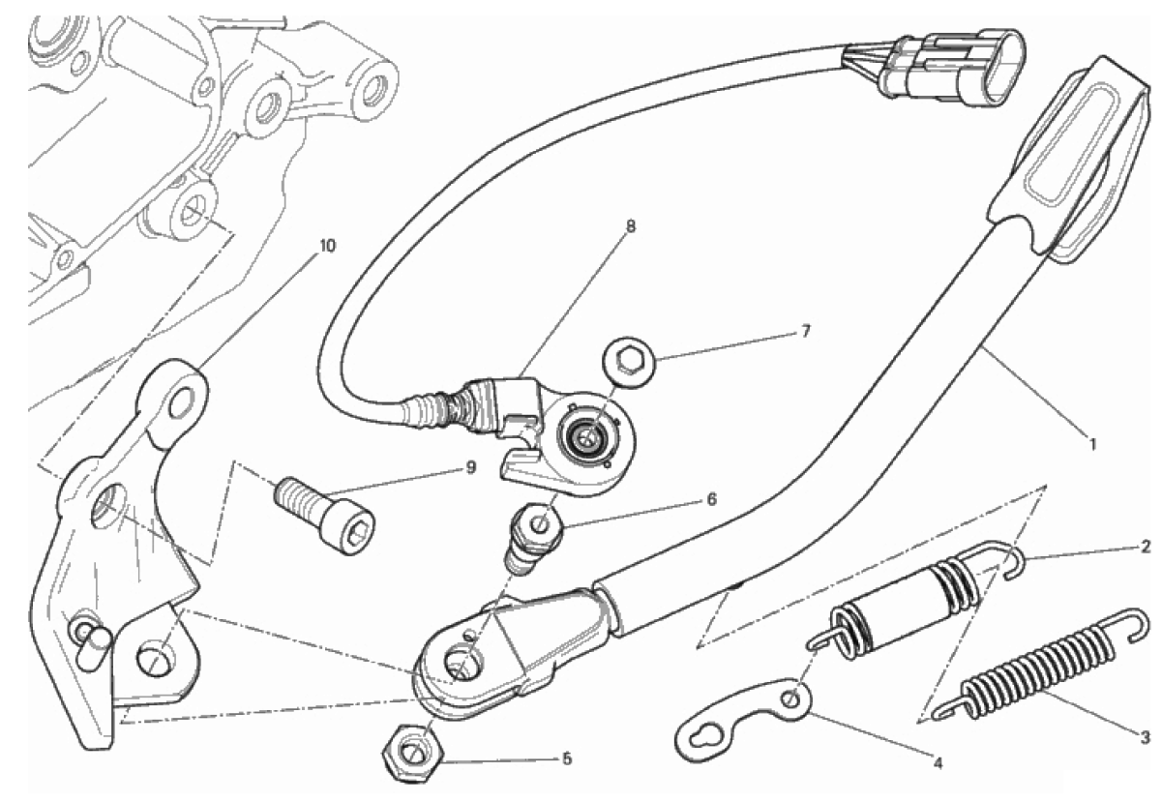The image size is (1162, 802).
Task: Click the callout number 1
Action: tap(1092, 445)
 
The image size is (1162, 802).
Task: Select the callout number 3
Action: tap(1145, 738)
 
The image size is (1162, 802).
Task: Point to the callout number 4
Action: tap(937, 761)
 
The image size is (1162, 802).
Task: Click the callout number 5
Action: tap(566, 757)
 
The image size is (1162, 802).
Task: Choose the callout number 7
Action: tap(805, 331)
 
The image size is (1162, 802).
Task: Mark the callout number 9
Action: tap(470, 467)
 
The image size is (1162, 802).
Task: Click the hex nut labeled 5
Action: tap(409, 751)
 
